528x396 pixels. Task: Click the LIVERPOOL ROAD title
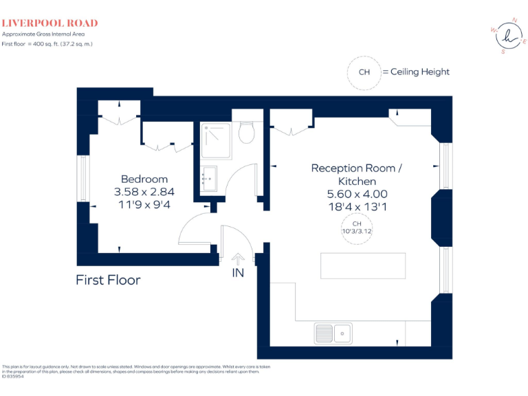point(49,23)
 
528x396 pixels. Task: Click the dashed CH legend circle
point(364,72)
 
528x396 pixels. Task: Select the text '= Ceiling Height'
point(416,72)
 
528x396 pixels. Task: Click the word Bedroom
point(144,179)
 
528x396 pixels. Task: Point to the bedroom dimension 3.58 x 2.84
point(144,192)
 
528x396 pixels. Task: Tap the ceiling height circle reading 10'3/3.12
point(356,228)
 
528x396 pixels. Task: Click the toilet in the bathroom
point(247,133)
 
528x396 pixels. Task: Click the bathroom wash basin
point(209,180)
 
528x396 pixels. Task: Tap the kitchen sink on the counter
point(333,333)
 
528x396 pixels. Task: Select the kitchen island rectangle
point(362,265)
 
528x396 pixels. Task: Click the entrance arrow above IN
point(238,259)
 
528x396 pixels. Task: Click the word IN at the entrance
point(238,273)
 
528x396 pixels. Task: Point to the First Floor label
point(108,280)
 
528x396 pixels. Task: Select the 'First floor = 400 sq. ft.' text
point(47,44)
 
